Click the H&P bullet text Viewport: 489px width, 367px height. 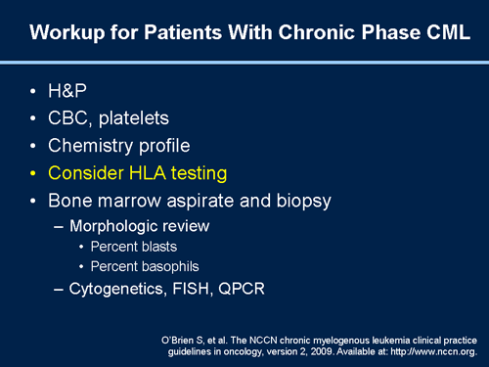tap(68, 91)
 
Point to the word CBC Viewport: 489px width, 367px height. tap(71, 118)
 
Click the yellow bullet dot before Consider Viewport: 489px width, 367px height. tap(33, 174)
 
